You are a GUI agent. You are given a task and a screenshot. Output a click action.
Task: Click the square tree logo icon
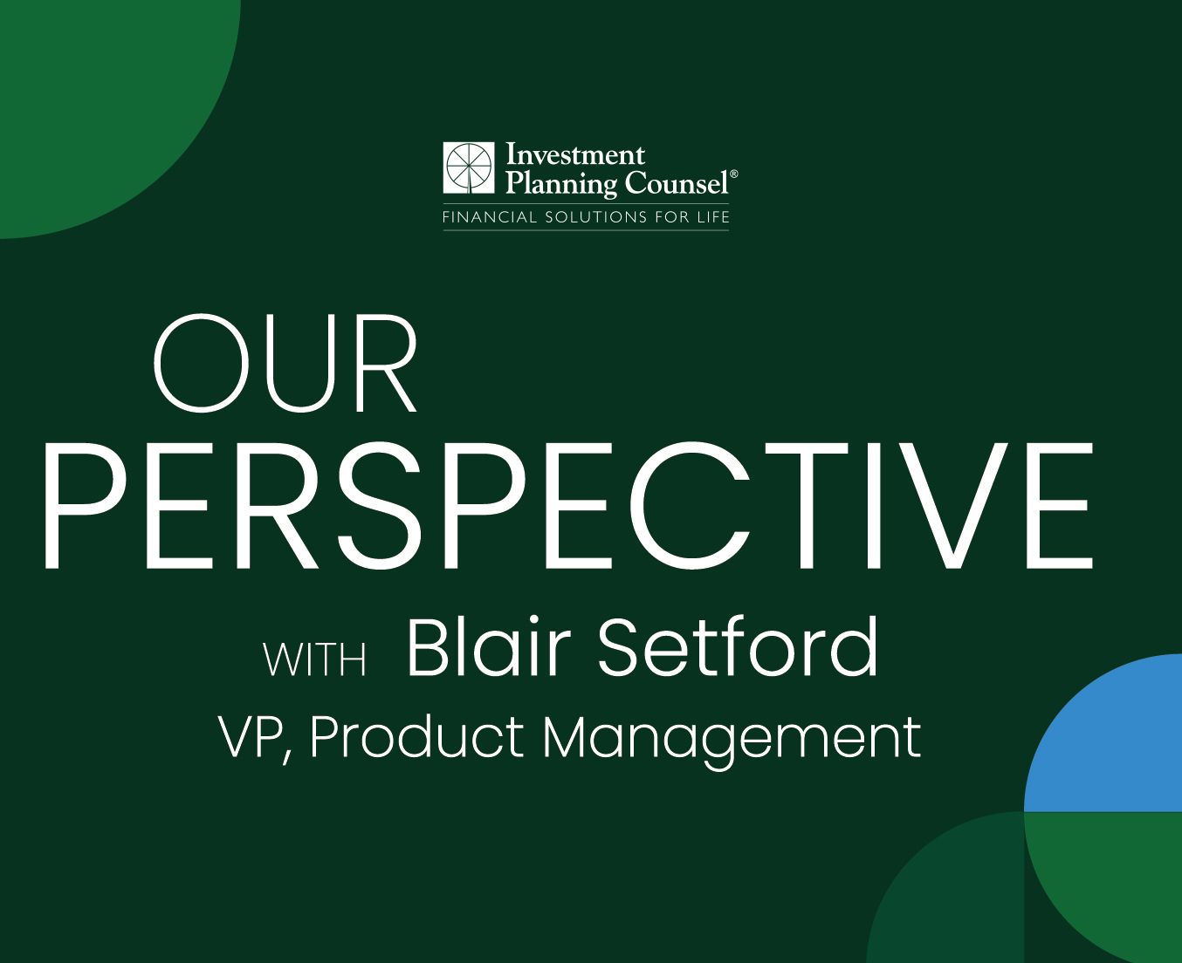[469, 167]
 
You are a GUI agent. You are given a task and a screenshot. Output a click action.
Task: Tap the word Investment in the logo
[575, 154]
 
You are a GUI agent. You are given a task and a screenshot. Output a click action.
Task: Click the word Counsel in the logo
[677, 182]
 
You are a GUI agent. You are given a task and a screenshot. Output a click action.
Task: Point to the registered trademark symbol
[733, 174]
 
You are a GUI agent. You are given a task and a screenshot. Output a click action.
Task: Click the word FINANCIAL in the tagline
[489, 216]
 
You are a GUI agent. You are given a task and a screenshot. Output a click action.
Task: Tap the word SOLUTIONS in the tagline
[595, 216]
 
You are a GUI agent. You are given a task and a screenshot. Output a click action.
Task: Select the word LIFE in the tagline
[713, 216]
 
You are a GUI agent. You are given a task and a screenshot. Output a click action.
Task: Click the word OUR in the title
[285, 363]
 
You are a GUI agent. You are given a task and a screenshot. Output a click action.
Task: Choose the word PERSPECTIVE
[569, 506]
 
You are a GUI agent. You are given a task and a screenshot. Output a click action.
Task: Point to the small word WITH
[315, 660]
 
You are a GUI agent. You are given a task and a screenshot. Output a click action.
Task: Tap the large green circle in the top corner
[107, 106]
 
